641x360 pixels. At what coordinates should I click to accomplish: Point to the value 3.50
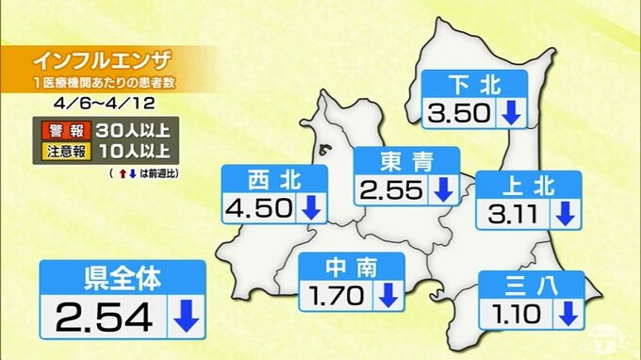pos(457,114)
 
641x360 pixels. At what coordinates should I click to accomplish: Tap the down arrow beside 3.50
pos(510,114)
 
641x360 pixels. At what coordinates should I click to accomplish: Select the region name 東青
pos(406,161)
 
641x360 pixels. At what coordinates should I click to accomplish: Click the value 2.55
pos(391,189)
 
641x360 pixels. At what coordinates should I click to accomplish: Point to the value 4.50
pos(259,208)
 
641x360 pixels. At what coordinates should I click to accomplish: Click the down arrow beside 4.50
pos(310,208)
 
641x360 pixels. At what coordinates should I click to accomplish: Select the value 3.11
pos(513,214)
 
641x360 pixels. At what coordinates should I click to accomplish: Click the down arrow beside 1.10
pos(566,310)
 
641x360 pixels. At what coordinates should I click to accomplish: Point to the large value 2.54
pos(103,318)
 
